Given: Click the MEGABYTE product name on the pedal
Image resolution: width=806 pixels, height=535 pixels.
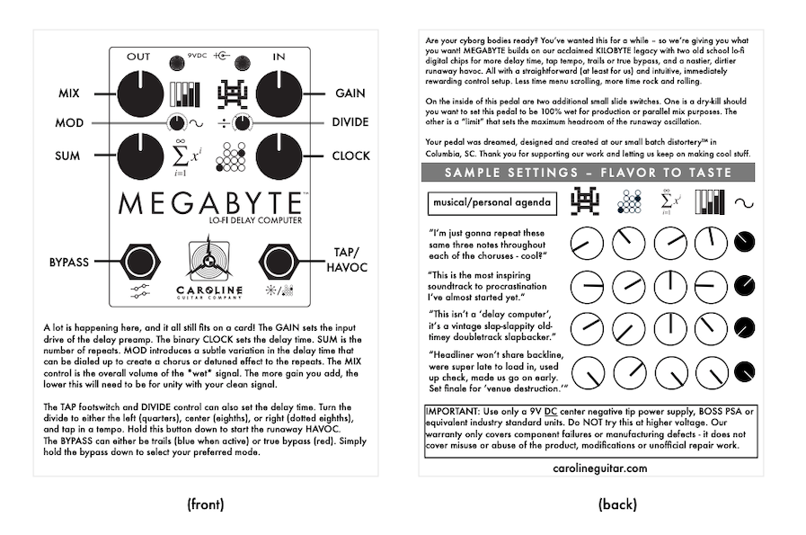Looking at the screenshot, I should (208, 203).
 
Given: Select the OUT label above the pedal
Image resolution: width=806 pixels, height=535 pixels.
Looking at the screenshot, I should (138, 57).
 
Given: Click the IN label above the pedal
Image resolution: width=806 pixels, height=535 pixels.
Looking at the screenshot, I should (279, 57).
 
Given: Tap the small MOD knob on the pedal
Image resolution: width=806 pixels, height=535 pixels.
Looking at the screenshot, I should (177, 123).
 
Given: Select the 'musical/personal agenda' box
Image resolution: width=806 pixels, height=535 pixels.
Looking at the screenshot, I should (491, 202).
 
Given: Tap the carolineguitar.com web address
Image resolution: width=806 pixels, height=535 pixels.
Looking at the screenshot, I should (600, 468).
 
